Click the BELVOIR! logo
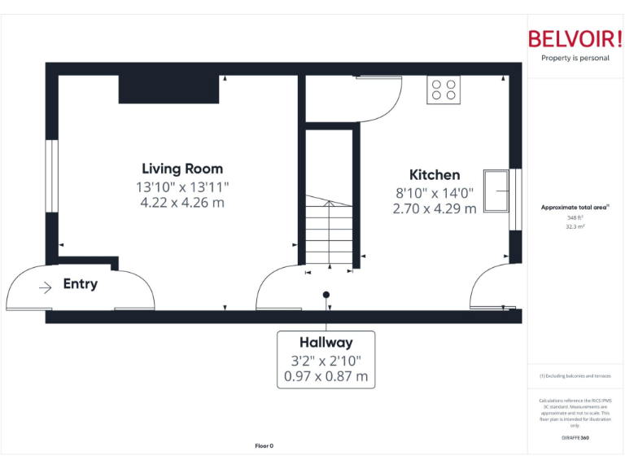coord(575,39)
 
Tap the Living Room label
coord(182,169)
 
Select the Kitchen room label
coord(434,174)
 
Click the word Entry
coord(81,284)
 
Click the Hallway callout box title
coord(326,343)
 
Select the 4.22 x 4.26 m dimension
coord(182,203)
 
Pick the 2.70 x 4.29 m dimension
coord(434,208)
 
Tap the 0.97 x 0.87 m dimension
coord(326,377)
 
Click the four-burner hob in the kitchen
coord(444,89)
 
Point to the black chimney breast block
coord(168,89)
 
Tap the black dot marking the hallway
coord(326,295)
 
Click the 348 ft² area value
coord(575,217)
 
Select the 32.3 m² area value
coord(575,227)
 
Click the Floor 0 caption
coord(264,445)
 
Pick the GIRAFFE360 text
coord(575,438)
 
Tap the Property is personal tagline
coord(575,59)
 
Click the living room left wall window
coord(51,176)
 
